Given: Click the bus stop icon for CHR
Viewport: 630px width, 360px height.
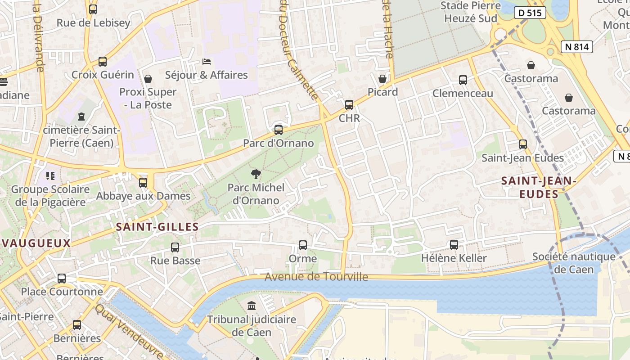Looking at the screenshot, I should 349,105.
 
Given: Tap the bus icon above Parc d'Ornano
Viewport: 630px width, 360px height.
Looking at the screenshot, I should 279,130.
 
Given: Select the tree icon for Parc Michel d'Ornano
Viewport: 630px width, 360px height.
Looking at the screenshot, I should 256,174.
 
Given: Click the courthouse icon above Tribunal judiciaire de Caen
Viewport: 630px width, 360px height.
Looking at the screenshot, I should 252,306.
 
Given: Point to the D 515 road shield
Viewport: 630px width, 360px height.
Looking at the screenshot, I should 530,13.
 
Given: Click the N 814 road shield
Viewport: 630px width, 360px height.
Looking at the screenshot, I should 577,46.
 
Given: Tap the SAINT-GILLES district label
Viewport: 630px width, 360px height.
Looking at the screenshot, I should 157,227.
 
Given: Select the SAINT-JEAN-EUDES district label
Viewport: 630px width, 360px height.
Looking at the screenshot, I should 539,187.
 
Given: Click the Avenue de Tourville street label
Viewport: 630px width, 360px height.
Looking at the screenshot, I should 316,277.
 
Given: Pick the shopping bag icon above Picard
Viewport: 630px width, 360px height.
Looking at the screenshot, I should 382,79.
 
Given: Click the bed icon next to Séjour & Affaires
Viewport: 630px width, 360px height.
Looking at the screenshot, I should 207,61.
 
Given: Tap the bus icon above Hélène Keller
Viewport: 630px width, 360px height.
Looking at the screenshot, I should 454,245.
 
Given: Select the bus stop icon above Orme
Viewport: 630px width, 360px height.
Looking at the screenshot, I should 303,245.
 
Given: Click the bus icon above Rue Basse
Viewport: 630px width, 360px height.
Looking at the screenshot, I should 175,247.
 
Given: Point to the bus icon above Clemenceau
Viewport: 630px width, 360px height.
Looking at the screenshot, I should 463,80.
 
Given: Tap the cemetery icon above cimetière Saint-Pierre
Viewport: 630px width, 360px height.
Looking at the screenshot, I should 81,117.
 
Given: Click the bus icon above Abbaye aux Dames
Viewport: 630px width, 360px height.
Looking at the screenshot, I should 143,183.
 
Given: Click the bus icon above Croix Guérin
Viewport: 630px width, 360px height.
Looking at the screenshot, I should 103,62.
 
